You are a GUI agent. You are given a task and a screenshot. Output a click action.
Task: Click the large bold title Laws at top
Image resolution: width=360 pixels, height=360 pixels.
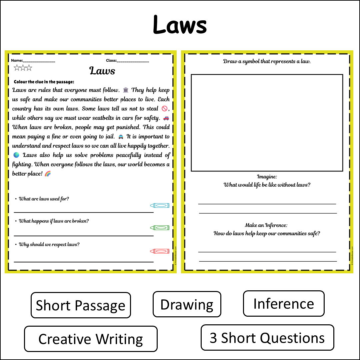coord(180,25)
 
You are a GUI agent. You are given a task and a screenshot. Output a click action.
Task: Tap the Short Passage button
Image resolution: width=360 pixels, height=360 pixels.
coord(81,305)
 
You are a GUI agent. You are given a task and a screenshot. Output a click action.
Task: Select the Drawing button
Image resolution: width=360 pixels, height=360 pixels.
coord(187,304)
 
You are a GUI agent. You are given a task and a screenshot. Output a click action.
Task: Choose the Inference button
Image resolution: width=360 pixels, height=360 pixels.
coord(283,303)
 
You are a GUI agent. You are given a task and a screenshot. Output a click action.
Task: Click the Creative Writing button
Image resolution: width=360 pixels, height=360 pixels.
coord(91,339)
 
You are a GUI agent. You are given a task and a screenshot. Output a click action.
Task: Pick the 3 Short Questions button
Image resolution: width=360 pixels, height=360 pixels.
coord(267,337)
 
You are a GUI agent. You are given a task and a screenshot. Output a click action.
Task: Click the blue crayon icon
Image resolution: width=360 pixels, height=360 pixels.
coord(160,206)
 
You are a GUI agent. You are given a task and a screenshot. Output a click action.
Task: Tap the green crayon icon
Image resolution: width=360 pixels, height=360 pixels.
coord(160,228)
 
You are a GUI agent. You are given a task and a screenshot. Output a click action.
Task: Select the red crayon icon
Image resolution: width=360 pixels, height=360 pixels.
coord(160,251)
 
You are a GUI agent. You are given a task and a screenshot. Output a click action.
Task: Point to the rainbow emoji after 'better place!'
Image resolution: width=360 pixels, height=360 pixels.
coord(48,174)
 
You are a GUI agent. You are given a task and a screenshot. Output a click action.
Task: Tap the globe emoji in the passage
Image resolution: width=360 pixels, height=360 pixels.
coord(16,155)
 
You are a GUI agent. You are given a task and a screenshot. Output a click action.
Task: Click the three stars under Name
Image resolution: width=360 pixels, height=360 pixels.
coord(23,68)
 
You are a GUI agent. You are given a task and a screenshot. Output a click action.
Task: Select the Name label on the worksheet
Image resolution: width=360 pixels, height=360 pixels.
coord(17,61)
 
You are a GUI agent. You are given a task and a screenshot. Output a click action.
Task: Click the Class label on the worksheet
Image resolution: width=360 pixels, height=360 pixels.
coord(111,61)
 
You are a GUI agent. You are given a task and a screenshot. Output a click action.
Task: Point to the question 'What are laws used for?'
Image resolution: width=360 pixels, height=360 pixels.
coord(44,199)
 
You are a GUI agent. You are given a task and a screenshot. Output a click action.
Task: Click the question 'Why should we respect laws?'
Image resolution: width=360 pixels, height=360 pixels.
coord(49,244)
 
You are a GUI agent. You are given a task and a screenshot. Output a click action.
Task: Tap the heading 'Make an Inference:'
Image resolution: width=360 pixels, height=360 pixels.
coord(266,225)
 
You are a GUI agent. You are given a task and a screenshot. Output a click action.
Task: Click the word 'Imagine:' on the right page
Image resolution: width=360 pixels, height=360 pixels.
coord(267,177)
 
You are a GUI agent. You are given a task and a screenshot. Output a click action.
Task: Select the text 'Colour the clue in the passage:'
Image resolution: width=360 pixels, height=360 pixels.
coord(44,82)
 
